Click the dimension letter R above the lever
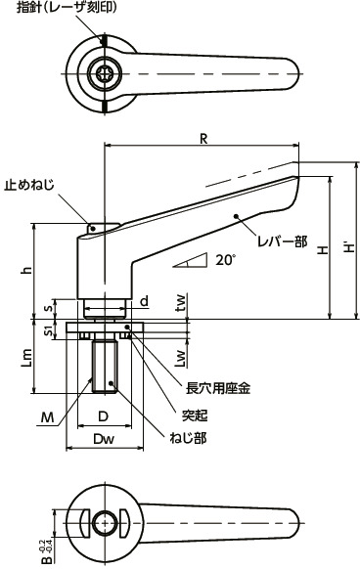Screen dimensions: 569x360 (202, 139)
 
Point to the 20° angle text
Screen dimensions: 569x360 (226, 260)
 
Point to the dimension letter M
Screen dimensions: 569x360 (46, 417)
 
